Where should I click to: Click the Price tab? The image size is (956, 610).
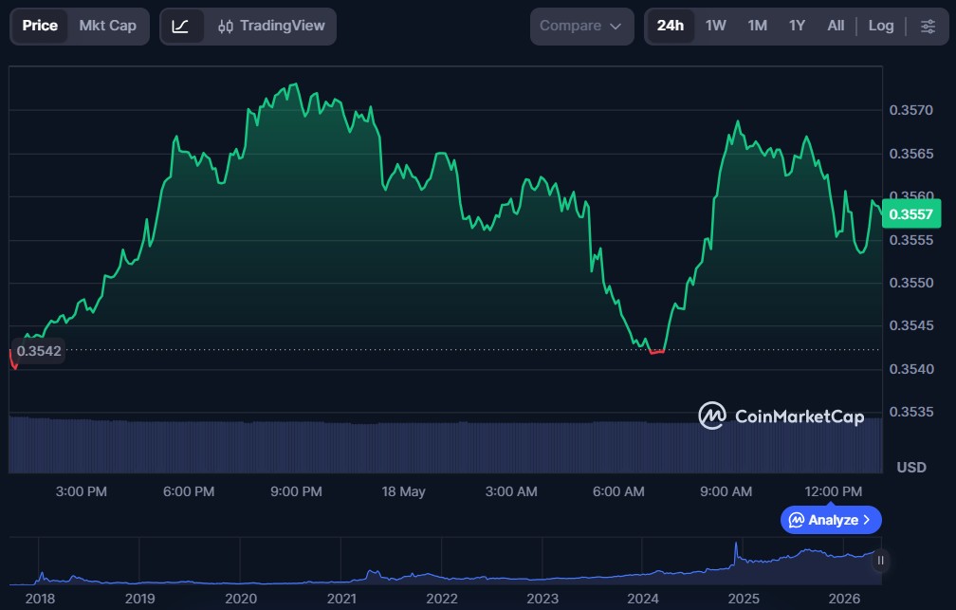pyautogui.click(x=40, y=26)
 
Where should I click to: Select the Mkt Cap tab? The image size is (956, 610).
pyautogui.click(x=108, y=26)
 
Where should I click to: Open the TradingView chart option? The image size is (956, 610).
pyautogui.click(x=271, y=26)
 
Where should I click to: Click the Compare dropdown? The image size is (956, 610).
pyautogui.click(x=581, y=27)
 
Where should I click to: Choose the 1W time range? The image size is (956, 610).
pyautogui.click(x=716, y=26)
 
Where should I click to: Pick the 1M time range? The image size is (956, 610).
pyautogui.click(x=757, y=26)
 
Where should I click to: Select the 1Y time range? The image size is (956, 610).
pyautogui.click(x=797, y=26)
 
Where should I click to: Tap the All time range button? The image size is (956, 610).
pyautogui.click(x=836, y=26)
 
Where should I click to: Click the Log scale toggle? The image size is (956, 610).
pyautogui.click(x=881, y=26)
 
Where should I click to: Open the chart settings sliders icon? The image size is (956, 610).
pyautogui.click(x=928, y=27)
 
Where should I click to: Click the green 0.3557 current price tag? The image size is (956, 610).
pyautogui.click(x=910, y=214)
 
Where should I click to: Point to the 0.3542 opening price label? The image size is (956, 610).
pyautogui.click(x=38, y=351)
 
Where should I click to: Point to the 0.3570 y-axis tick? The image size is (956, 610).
pyautogui.click(x=910, y=110)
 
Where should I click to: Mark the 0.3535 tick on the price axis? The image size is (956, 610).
pyautogui.click(x=910, y=412)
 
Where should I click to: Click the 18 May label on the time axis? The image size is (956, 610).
pyautogui.click(x=403, y=491)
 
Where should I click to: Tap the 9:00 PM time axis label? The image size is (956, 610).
pyautogui.click(x=296, y=491)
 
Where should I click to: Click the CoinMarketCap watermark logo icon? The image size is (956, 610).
pyautogui.click(x=712, y=416)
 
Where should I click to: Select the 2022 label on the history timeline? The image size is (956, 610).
pyautogui.click(x=441, y=599)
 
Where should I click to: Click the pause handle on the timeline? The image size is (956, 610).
pyautogui.click(x=880, y=560)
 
